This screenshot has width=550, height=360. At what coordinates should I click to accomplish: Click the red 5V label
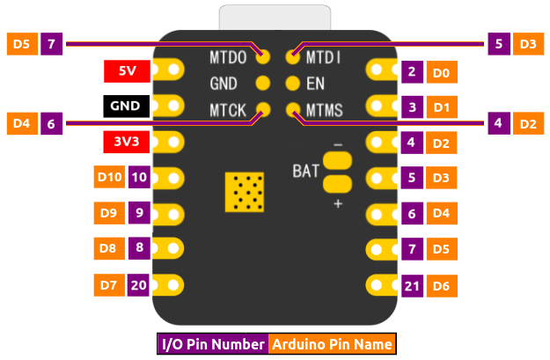pos(125,70)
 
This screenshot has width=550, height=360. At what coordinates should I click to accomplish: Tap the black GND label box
pos(125,106)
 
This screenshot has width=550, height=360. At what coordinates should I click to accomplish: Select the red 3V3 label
pos(125,141)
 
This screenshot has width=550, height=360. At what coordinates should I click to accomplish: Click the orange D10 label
pos(109,177)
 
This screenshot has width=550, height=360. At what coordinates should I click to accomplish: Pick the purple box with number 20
pos(138,284)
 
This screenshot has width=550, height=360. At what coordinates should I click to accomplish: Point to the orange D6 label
pos(442,285)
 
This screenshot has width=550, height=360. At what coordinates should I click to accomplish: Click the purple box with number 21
pos(412,285)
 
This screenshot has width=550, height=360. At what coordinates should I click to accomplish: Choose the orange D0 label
pos(442,72)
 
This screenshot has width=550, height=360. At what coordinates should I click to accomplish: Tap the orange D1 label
pos(442,107)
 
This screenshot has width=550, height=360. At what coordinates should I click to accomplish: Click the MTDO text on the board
pos(228,58)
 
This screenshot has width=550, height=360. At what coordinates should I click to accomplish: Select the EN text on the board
pos(316,84)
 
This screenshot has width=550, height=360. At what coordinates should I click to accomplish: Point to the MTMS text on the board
pos(325,110)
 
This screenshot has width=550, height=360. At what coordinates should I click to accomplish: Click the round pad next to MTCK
pos(262,110)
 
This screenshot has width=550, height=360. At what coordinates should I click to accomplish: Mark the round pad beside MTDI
pos(293,58)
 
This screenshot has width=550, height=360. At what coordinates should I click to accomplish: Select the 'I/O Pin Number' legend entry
pos(213,344)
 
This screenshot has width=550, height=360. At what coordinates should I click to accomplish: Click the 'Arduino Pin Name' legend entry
pos(332,344)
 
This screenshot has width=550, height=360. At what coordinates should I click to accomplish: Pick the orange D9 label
pos(109,212)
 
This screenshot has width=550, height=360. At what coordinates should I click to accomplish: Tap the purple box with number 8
pos(138,248)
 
